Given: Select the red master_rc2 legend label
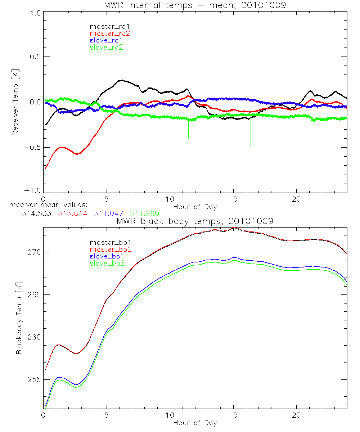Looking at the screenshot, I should (110, 33).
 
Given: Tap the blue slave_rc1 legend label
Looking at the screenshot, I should (106, 40).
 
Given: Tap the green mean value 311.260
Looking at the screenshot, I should (144, 213).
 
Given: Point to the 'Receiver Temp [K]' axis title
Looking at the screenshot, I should (15, 102).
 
